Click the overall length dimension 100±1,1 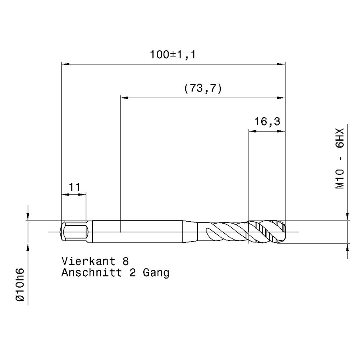coord(173,55)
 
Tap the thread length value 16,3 coord(267,121)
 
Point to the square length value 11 coord(74,187)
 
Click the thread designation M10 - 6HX coord(340,158)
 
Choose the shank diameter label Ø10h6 coord(20,285)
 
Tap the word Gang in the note coord(156,273)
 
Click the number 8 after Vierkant coord(126,262)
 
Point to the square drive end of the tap coord(74,232)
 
